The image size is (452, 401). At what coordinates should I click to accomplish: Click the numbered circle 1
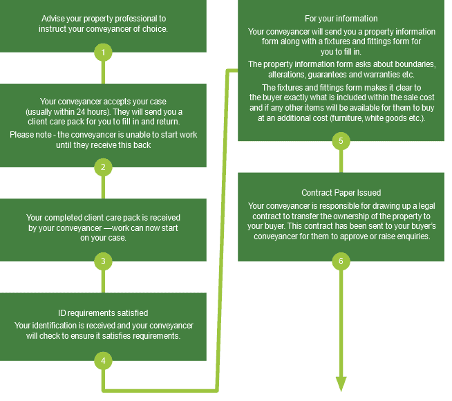[103, 52]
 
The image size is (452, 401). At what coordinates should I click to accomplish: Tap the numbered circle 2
[103, 167]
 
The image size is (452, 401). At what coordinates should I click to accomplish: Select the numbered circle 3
[103, 261]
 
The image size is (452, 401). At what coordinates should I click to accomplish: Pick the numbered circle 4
[103, 361]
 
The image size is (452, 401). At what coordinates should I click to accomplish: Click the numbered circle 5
[341, 141]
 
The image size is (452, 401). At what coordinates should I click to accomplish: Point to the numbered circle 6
[341, 261]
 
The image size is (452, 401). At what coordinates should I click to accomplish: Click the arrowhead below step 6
[341, 384]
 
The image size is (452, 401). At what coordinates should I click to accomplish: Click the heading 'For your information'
[341, 19]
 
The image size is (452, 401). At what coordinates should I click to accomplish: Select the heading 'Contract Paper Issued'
[341, 193]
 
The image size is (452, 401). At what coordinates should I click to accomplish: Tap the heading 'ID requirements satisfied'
[103, 313]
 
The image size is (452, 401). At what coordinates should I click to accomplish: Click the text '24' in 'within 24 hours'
[80, 111]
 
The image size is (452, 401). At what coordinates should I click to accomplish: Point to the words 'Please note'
[30, 135]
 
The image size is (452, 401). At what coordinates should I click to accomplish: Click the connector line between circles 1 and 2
[103, 73]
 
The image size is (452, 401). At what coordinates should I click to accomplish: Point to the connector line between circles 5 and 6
[341, 162]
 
